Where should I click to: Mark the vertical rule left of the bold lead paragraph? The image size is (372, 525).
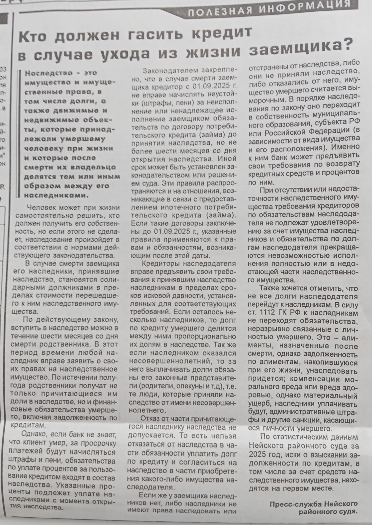pos(22,133)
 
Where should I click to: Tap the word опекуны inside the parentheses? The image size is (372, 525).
pos(192,386)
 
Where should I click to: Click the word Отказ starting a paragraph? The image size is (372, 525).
pos(149,418)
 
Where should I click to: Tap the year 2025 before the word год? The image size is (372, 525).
pos(258,454)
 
